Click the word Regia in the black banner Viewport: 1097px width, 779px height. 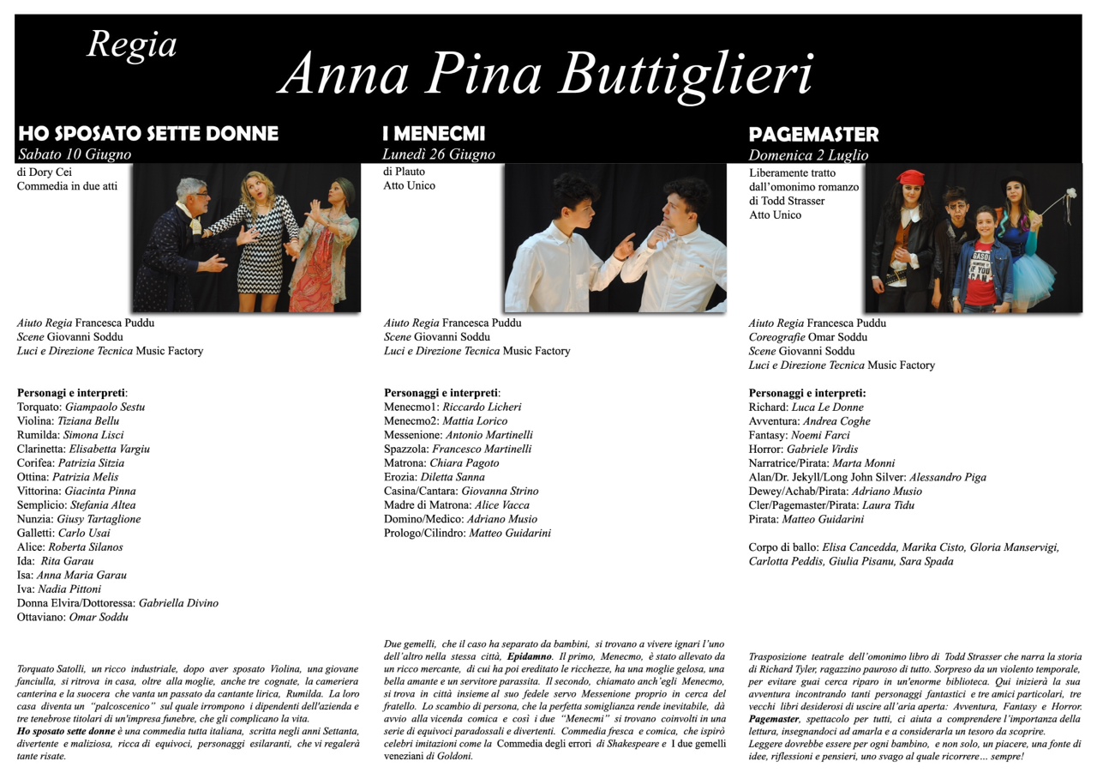pos(132,45)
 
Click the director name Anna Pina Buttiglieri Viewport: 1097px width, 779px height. pos(546,73)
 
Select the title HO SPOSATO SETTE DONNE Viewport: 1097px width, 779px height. pos(148,134)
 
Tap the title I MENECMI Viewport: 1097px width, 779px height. pos(434,134)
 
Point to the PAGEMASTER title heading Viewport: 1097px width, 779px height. pos(813,135)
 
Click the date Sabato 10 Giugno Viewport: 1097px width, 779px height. pos(75,155)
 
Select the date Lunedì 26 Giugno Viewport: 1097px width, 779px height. pos(439,155)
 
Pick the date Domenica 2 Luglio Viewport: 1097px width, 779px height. pos(808,156)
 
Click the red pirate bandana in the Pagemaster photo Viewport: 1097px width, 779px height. pos(911,178)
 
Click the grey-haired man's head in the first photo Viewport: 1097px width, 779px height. pos(191,194)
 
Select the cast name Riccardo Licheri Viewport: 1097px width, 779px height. pos(482,408)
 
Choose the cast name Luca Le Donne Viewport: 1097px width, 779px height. pos(828,408)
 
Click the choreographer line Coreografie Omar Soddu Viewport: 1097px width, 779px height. pos(807,337)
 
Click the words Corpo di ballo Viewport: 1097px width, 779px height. pos(782,547)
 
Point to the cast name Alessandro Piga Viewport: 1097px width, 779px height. pos(948,477)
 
